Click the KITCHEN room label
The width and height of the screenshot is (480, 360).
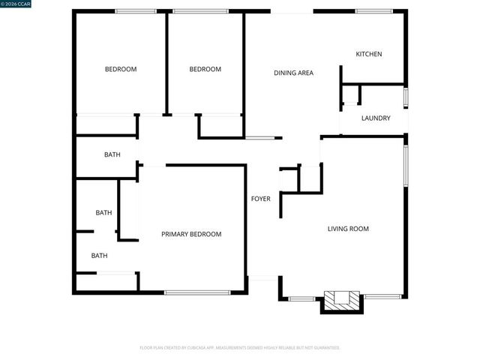pyautogui.click(x=369, y=54)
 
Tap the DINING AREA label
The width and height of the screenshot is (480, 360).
pyautogui.click(x=293, y=73)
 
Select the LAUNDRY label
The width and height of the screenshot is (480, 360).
pyautogui.click(x=375, y=118)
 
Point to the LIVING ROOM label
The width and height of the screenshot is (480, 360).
pyautogui.click(x=348, y=229)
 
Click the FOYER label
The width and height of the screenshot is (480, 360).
pyautogui.click(x=260, y=199)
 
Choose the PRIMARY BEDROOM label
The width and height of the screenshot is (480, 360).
pyautogui.click(x=191, y=234)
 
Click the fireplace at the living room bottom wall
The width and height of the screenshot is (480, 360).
pyautogui.click(x=341, y=300)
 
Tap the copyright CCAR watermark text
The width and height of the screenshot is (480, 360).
pyautogui.click(x=16, y=4)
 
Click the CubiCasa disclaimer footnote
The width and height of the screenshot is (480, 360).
pyautogui.click(x=240, y=348)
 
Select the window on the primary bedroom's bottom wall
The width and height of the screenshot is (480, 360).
pyautogui.click(x=197, y=292)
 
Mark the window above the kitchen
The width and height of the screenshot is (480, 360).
pyautogui.click(x=373, y=11)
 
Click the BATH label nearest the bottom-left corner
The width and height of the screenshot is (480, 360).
pyautogui.click(x=100, y=256)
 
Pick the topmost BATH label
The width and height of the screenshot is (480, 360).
pyautogui.click(x=112, y=154)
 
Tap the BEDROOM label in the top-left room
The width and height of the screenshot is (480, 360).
pyautogui.click(x=121, y=69)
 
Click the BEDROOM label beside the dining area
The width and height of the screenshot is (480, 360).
pyautogui.click(x=205, y=69)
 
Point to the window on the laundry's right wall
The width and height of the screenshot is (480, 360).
pyautogui.click(x=406, y=97)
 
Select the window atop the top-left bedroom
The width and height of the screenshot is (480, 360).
pyautogui.click(x=136, y=11)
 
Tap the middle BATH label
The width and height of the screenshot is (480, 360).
pyautogui.click(x=103, y=212)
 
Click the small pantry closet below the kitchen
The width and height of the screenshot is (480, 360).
pyautogui.click(x=351, y=95)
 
